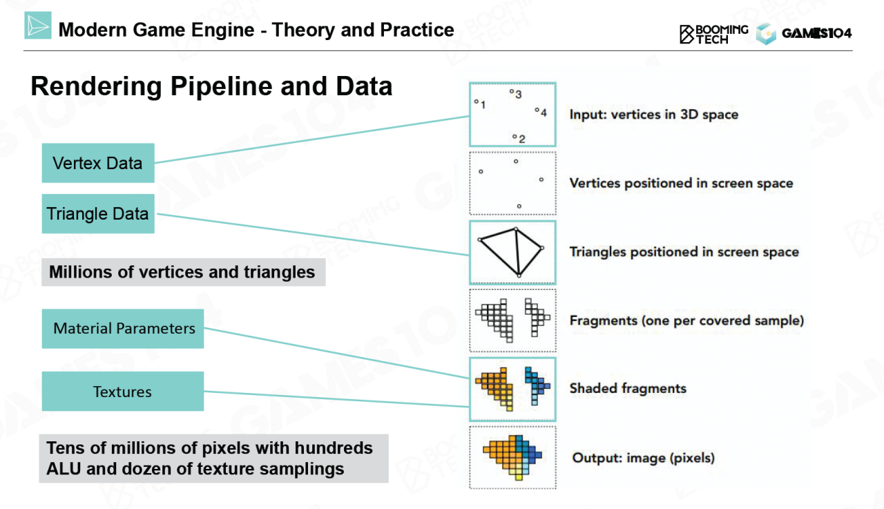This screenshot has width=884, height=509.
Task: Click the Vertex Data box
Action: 97,163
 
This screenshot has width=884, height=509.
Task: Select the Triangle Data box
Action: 97,214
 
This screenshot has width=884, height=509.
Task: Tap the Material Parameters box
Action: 124,329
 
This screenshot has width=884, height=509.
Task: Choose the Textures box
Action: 122,392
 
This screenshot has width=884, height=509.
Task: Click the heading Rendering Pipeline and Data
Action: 211,87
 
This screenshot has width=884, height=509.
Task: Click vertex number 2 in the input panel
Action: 515,137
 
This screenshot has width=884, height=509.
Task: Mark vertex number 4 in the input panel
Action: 537,110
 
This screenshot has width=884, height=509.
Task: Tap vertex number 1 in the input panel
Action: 477,102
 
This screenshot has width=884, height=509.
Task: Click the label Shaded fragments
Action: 628,388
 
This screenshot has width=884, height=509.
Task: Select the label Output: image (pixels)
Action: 643,458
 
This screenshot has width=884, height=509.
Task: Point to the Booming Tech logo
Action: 713,33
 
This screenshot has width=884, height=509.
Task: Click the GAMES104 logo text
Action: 816,33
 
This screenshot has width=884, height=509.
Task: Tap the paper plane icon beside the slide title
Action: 38,26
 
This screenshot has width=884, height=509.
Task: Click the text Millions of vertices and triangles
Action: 182,272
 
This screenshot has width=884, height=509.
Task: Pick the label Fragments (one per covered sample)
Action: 686,320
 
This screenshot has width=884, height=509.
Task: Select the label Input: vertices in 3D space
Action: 653,115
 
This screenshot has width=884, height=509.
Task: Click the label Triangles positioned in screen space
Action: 684,252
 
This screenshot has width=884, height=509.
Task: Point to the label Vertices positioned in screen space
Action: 681,183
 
